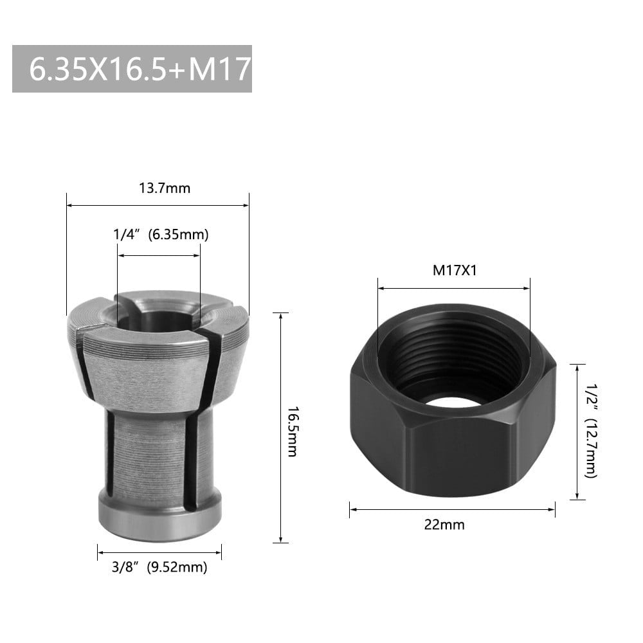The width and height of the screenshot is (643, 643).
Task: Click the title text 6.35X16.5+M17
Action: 132,69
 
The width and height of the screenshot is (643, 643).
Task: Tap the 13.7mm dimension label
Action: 165,188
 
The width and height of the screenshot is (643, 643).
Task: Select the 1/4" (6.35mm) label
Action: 161,235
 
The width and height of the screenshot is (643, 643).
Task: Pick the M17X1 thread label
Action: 454,270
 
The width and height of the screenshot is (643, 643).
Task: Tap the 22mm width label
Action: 453,525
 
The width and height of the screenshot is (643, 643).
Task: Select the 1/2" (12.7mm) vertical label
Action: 590,431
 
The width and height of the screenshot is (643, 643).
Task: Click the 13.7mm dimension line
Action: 158,206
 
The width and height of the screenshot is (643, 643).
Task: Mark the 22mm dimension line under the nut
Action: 452,509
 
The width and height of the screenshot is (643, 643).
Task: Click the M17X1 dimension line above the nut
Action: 454,288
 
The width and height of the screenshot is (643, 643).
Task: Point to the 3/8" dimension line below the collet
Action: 159,552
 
